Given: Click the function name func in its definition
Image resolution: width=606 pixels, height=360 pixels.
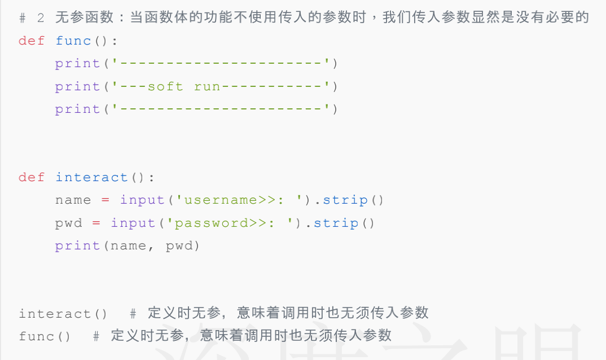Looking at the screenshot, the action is pos(73,41).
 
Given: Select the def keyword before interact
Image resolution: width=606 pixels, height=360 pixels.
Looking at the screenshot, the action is pos(32,177).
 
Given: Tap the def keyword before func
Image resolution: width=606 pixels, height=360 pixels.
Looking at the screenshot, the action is pos(32,41).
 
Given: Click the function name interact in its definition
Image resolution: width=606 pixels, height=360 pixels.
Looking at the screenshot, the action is pos(92,177).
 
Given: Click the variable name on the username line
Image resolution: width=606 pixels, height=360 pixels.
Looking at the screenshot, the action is pos(73,200).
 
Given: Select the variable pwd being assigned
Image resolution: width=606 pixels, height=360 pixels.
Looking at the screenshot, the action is pos(68,223).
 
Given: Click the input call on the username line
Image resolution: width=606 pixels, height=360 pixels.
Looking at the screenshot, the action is pos(143,200).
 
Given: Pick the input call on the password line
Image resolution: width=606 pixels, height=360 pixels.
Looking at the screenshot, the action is pos(134,223).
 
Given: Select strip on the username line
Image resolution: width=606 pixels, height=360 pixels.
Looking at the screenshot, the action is pos(345,200).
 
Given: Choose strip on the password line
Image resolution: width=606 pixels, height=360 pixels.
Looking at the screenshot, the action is pos(336,223).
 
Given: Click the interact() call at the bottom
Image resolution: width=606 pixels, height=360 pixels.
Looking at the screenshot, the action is pos(63,314).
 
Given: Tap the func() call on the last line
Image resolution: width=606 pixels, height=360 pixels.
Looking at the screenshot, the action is pos(45,336).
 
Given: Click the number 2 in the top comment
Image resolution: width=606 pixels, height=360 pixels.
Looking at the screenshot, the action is pos(41,18).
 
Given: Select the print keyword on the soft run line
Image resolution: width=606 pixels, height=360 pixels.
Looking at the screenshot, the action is pos(77,86).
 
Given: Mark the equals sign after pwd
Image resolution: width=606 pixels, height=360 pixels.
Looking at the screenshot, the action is pos(96,223).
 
